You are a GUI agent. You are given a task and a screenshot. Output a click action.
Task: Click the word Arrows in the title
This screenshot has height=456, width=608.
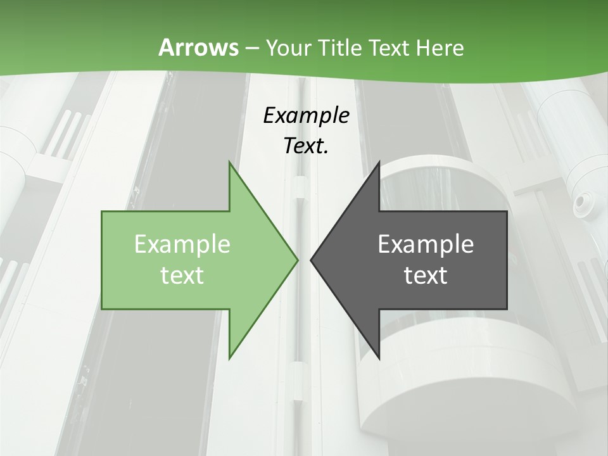[x=198, y=47]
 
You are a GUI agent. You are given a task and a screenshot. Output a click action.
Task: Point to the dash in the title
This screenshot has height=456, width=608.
[x=251, y=48]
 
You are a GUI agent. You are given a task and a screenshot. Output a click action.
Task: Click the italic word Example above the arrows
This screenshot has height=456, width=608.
[x=307, y=116]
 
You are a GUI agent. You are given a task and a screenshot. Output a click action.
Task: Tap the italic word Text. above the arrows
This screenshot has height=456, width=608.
[x=307, y=146]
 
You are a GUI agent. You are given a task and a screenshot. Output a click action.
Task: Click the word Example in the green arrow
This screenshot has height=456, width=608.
[x=182, y=244]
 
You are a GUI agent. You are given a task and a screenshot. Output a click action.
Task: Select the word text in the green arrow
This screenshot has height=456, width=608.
[x=182, y=275]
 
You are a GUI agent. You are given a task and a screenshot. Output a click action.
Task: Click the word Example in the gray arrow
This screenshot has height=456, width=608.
[x=426, y=244]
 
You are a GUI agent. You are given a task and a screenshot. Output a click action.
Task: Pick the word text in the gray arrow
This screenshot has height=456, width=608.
[x=426, y=275]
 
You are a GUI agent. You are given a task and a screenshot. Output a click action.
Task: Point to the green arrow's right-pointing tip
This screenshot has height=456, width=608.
[x=296, y=260]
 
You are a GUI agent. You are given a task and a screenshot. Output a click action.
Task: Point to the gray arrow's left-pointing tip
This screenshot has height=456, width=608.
[x=312, y=260]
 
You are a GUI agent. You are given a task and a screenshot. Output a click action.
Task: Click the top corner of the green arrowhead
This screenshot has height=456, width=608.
[x=230, y=163]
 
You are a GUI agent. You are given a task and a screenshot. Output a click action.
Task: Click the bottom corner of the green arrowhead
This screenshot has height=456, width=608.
[x=230, y=357]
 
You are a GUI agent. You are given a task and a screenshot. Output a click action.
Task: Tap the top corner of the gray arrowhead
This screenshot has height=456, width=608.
[x=379, y=163]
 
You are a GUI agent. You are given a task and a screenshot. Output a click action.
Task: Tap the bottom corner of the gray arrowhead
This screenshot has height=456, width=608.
[x=379, y=357]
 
